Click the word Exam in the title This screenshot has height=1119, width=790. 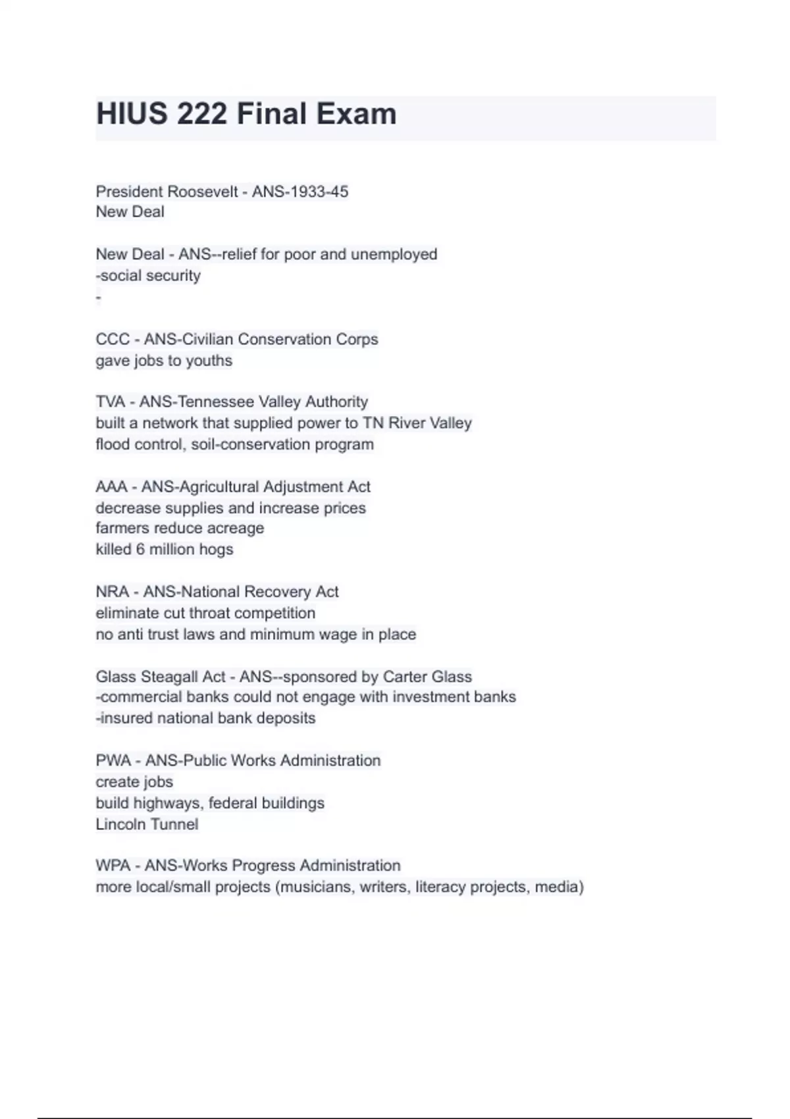[357, 114]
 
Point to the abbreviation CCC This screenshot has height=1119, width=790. [113, 339]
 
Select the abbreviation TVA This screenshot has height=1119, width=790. [111, 402]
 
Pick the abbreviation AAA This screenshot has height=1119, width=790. [111, 486]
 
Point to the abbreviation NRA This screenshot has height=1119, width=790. [112, 592]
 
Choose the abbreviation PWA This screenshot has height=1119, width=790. [113, 760]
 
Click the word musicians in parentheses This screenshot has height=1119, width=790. [318, 887]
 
